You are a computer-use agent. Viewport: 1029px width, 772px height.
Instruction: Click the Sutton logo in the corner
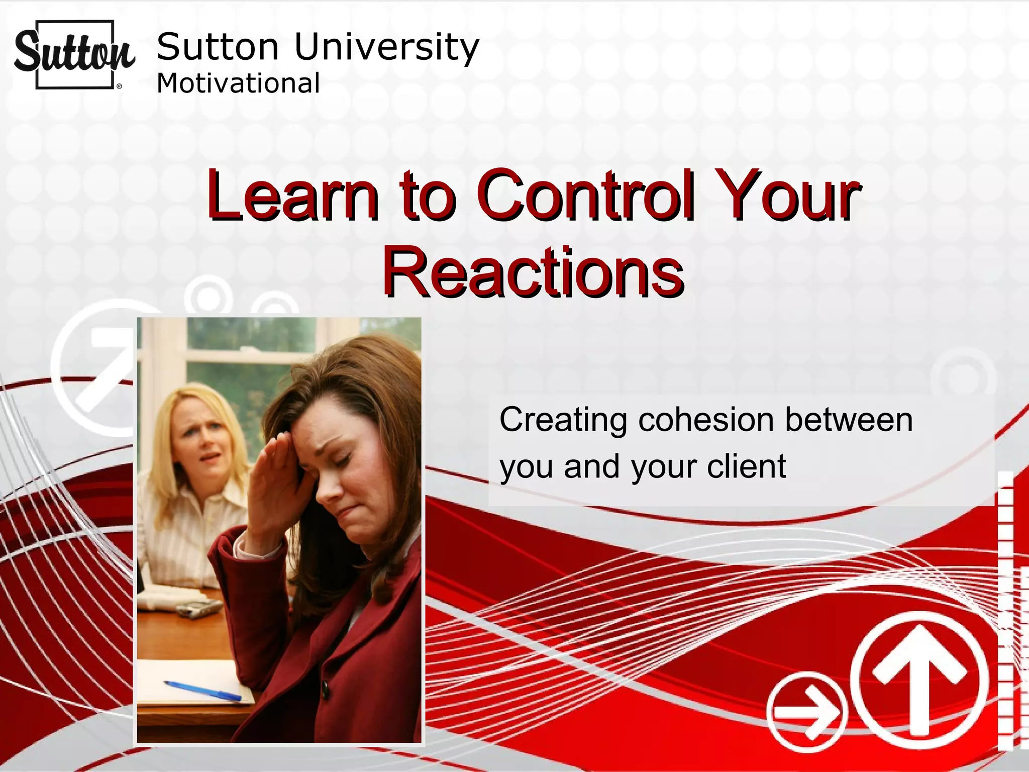[x=74, y=54]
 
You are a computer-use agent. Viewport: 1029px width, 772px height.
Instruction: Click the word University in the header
[x=386, y=47]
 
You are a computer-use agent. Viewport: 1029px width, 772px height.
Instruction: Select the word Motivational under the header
[x=238, y=83]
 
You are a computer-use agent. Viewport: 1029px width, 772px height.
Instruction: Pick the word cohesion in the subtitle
[x=705, y=420]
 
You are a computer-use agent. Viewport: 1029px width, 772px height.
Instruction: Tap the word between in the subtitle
[x=849, y=420]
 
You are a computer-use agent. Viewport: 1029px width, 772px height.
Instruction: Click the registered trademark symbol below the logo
[x=119, y=86]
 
